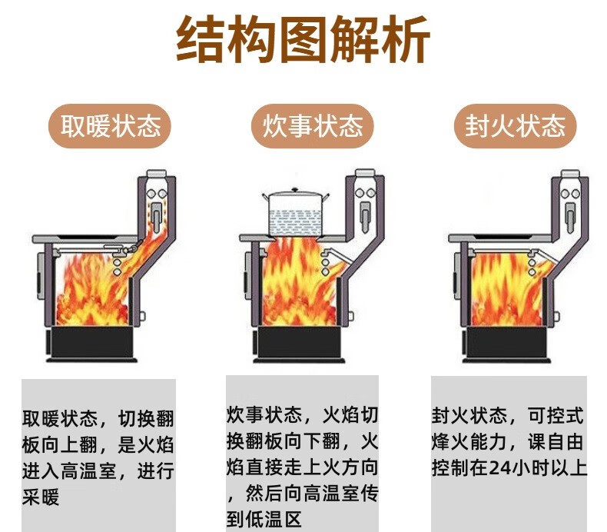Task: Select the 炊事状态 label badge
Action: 307,125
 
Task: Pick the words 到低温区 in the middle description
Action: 265,517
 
